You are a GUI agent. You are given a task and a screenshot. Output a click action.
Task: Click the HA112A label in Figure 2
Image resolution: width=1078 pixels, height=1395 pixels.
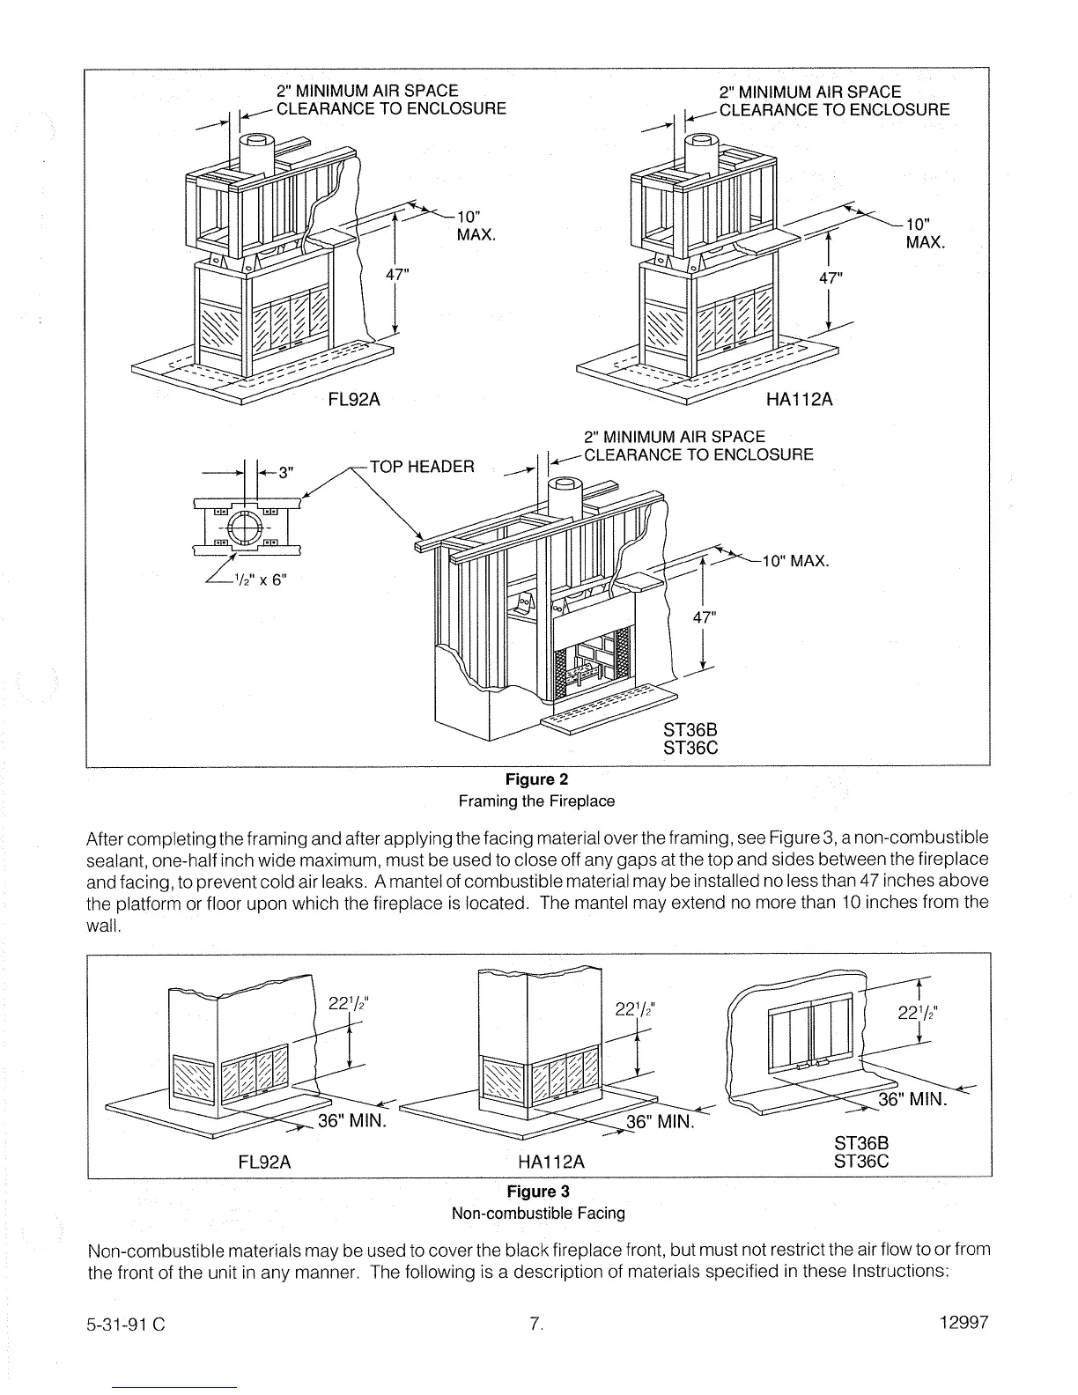[x=799, y=399]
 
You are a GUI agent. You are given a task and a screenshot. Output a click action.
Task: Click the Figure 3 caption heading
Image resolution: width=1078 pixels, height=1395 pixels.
[x=537, y=1192]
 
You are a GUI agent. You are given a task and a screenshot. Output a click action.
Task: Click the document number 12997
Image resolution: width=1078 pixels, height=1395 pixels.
[x=965, y=1322]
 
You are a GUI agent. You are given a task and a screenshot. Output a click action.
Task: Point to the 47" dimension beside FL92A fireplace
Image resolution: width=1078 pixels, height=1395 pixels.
[x=399, y=274]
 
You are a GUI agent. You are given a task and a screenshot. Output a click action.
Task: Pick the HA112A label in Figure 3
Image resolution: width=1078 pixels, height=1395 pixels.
[x=551, y=1162]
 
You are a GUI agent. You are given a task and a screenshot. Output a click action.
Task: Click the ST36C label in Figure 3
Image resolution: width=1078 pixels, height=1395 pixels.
[x=861, y=1161]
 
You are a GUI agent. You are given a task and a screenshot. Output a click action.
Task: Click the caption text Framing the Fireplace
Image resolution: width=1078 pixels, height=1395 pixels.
[x=535, y=801]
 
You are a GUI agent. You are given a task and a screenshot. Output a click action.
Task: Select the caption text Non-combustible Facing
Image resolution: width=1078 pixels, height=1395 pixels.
[x=537, y=1214]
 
